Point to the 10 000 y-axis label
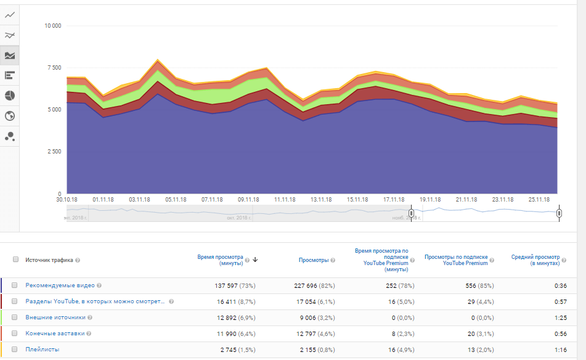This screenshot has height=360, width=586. [x=52, y=26]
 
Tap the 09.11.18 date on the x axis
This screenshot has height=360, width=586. [x=248, y=200]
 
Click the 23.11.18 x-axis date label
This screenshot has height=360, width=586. [x=503, y=200]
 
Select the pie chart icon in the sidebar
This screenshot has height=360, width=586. [x=10, y=96]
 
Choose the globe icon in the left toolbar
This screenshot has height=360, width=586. [x=10, y=116]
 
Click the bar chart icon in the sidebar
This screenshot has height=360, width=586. [x=10, y=75]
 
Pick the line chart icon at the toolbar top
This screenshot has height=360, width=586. [x=10, y=14]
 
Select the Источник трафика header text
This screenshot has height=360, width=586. [x=49, y=260]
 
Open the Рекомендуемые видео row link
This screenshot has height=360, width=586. [x=60, y=285]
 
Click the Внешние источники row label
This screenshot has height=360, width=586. [x=55, y=317]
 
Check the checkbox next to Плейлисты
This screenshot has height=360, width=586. [x=15, y=350]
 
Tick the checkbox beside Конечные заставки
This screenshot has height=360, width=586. [x=15, y=333]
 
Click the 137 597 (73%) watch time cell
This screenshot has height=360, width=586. [x=232, y=285]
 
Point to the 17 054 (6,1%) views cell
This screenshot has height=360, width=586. [x=312, y=301]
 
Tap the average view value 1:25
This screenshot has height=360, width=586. [x=552, y=317]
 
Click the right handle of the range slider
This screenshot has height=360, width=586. [x=559, y=213]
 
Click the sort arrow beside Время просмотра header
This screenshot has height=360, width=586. [x=255, y=260]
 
